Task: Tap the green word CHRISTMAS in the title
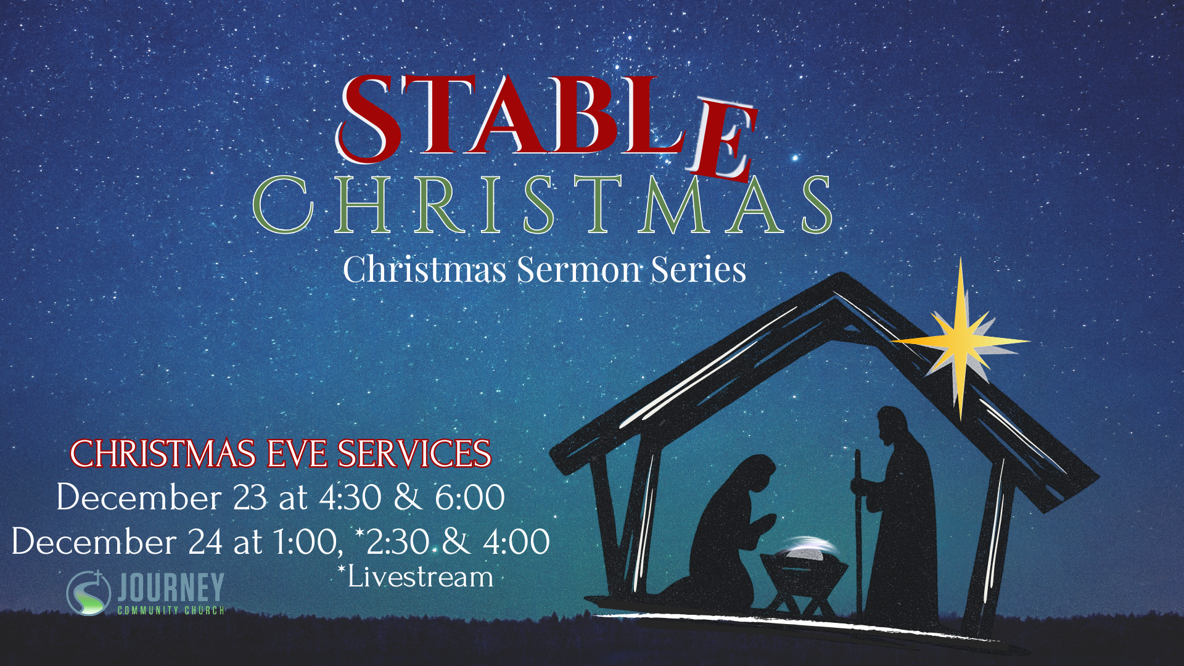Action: point(543,205)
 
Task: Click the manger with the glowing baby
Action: point(804,573)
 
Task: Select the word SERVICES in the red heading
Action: point(414,454)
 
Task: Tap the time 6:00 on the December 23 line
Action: point(470,498)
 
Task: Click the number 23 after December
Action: point(250,498)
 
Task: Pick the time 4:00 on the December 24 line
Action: point(516,541)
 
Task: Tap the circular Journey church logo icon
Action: point(89,593)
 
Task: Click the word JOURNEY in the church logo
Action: point(170,587)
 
